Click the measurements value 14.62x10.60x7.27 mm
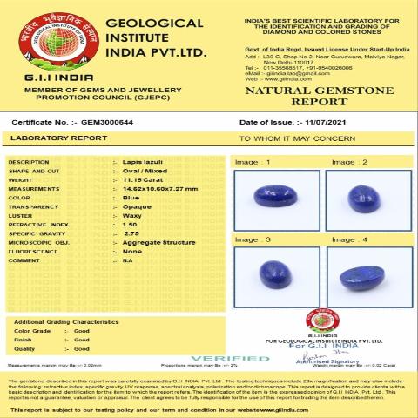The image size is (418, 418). [159, 188]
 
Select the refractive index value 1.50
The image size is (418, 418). [131, 224]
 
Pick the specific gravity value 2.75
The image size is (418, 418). [131, 233]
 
